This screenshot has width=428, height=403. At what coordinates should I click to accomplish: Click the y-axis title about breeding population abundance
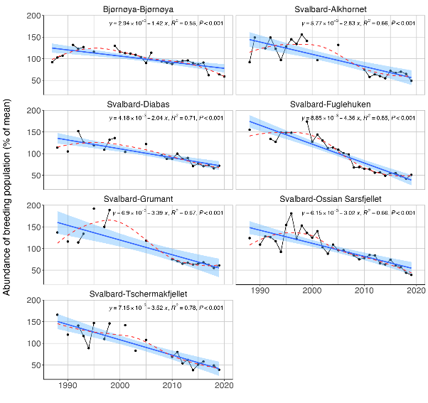8,202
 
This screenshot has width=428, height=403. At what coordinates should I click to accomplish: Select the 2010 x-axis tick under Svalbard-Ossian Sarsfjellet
364,291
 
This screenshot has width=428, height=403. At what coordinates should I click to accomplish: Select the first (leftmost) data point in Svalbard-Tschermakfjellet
57,314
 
